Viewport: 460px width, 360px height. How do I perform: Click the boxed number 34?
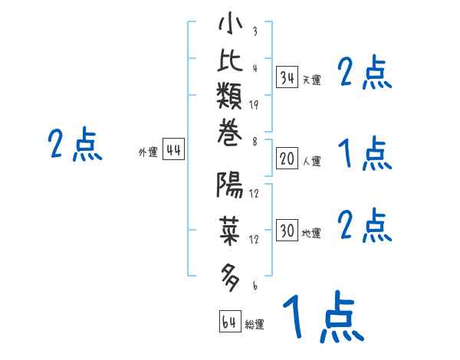[x=287, y=77]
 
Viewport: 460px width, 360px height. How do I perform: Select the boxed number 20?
[x=287, y=159]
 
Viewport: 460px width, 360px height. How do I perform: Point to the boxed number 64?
[x=229, y=322]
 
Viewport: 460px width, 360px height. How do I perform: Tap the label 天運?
[x=311, y=80]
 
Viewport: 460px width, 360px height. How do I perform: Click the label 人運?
[x=311, y=161]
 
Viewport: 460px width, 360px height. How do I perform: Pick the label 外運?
[x=148, y=152]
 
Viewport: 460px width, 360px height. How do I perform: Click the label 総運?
[x=255, y=324]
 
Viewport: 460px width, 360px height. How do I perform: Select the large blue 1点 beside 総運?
[x=322, y=316]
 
